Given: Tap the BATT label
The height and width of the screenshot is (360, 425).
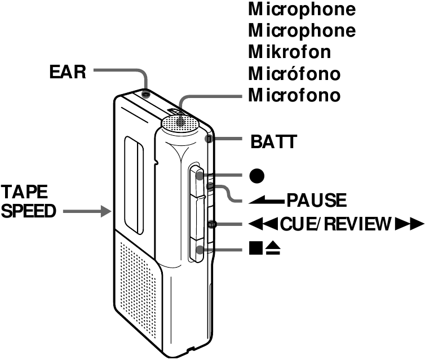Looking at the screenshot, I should coord(273,141).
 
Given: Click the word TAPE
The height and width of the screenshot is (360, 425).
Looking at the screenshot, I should coord(24,192).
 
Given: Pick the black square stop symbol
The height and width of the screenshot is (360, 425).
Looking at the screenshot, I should coord(255,248).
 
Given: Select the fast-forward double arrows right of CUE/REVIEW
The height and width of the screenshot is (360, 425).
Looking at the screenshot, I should coord(409,224).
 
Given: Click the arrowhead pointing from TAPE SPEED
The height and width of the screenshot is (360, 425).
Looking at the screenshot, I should coord(107,212).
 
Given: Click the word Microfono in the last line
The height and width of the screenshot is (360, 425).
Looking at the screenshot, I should coord(294,95).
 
